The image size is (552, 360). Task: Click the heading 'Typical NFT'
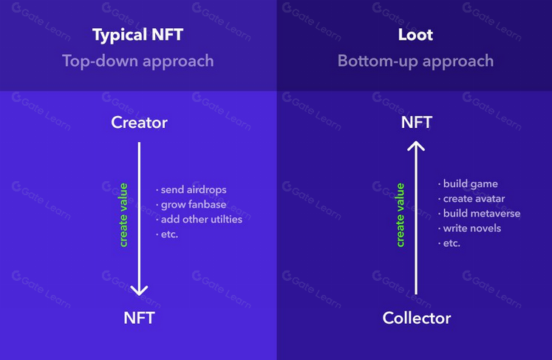137,35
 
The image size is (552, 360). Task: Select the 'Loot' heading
415,35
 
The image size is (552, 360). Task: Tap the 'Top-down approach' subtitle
138,61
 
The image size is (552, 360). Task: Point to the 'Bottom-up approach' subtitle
415,61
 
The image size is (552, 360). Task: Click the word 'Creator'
139,123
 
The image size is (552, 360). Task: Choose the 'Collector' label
417,318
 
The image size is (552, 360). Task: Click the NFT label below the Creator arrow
139,318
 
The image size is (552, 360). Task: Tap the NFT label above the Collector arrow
417,123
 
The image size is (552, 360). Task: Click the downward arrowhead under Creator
139,291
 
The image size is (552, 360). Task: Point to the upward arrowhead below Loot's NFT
416,146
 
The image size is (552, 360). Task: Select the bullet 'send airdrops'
191,190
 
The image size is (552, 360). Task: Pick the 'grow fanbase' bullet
191,205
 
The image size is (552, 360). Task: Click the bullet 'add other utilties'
199,220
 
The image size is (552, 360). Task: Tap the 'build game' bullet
468,184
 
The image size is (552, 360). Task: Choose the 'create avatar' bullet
471,199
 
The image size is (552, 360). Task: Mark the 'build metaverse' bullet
479,214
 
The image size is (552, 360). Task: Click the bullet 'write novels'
470,228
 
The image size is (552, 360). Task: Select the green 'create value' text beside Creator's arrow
123,215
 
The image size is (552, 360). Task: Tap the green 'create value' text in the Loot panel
401,215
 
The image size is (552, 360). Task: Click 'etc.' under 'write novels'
449,243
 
